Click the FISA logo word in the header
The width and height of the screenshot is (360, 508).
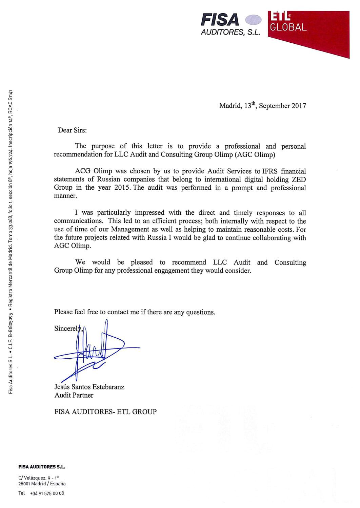coord(220,20)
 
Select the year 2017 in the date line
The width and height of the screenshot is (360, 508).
coord(299,106)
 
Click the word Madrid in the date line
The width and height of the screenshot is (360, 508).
coord(230,106)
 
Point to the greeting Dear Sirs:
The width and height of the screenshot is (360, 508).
coord(72,130)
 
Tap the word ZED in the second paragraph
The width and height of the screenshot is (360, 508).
coord(299,179)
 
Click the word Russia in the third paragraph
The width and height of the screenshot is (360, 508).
coord(157,238)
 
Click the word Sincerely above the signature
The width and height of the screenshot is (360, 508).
coord(67,329)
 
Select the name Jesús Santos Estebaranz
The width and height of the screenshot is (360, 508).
coord(89,387)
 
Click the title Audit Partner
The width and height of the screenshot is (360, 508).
coord(74,395)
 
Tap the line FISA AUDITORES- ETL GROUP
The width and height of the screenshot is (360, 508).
coord(105,412)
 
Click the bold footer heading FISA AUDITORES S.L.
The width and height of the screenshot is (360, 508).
coord(42,467)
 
